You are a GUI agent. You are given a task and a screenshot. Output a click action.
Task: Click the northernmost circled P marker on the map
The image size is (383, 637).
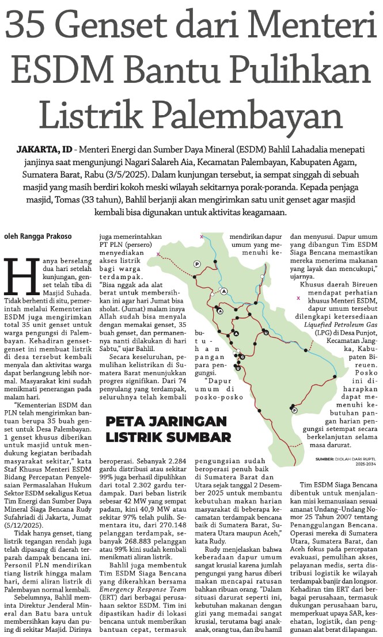pyautogui.click(x=197, y=264)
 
